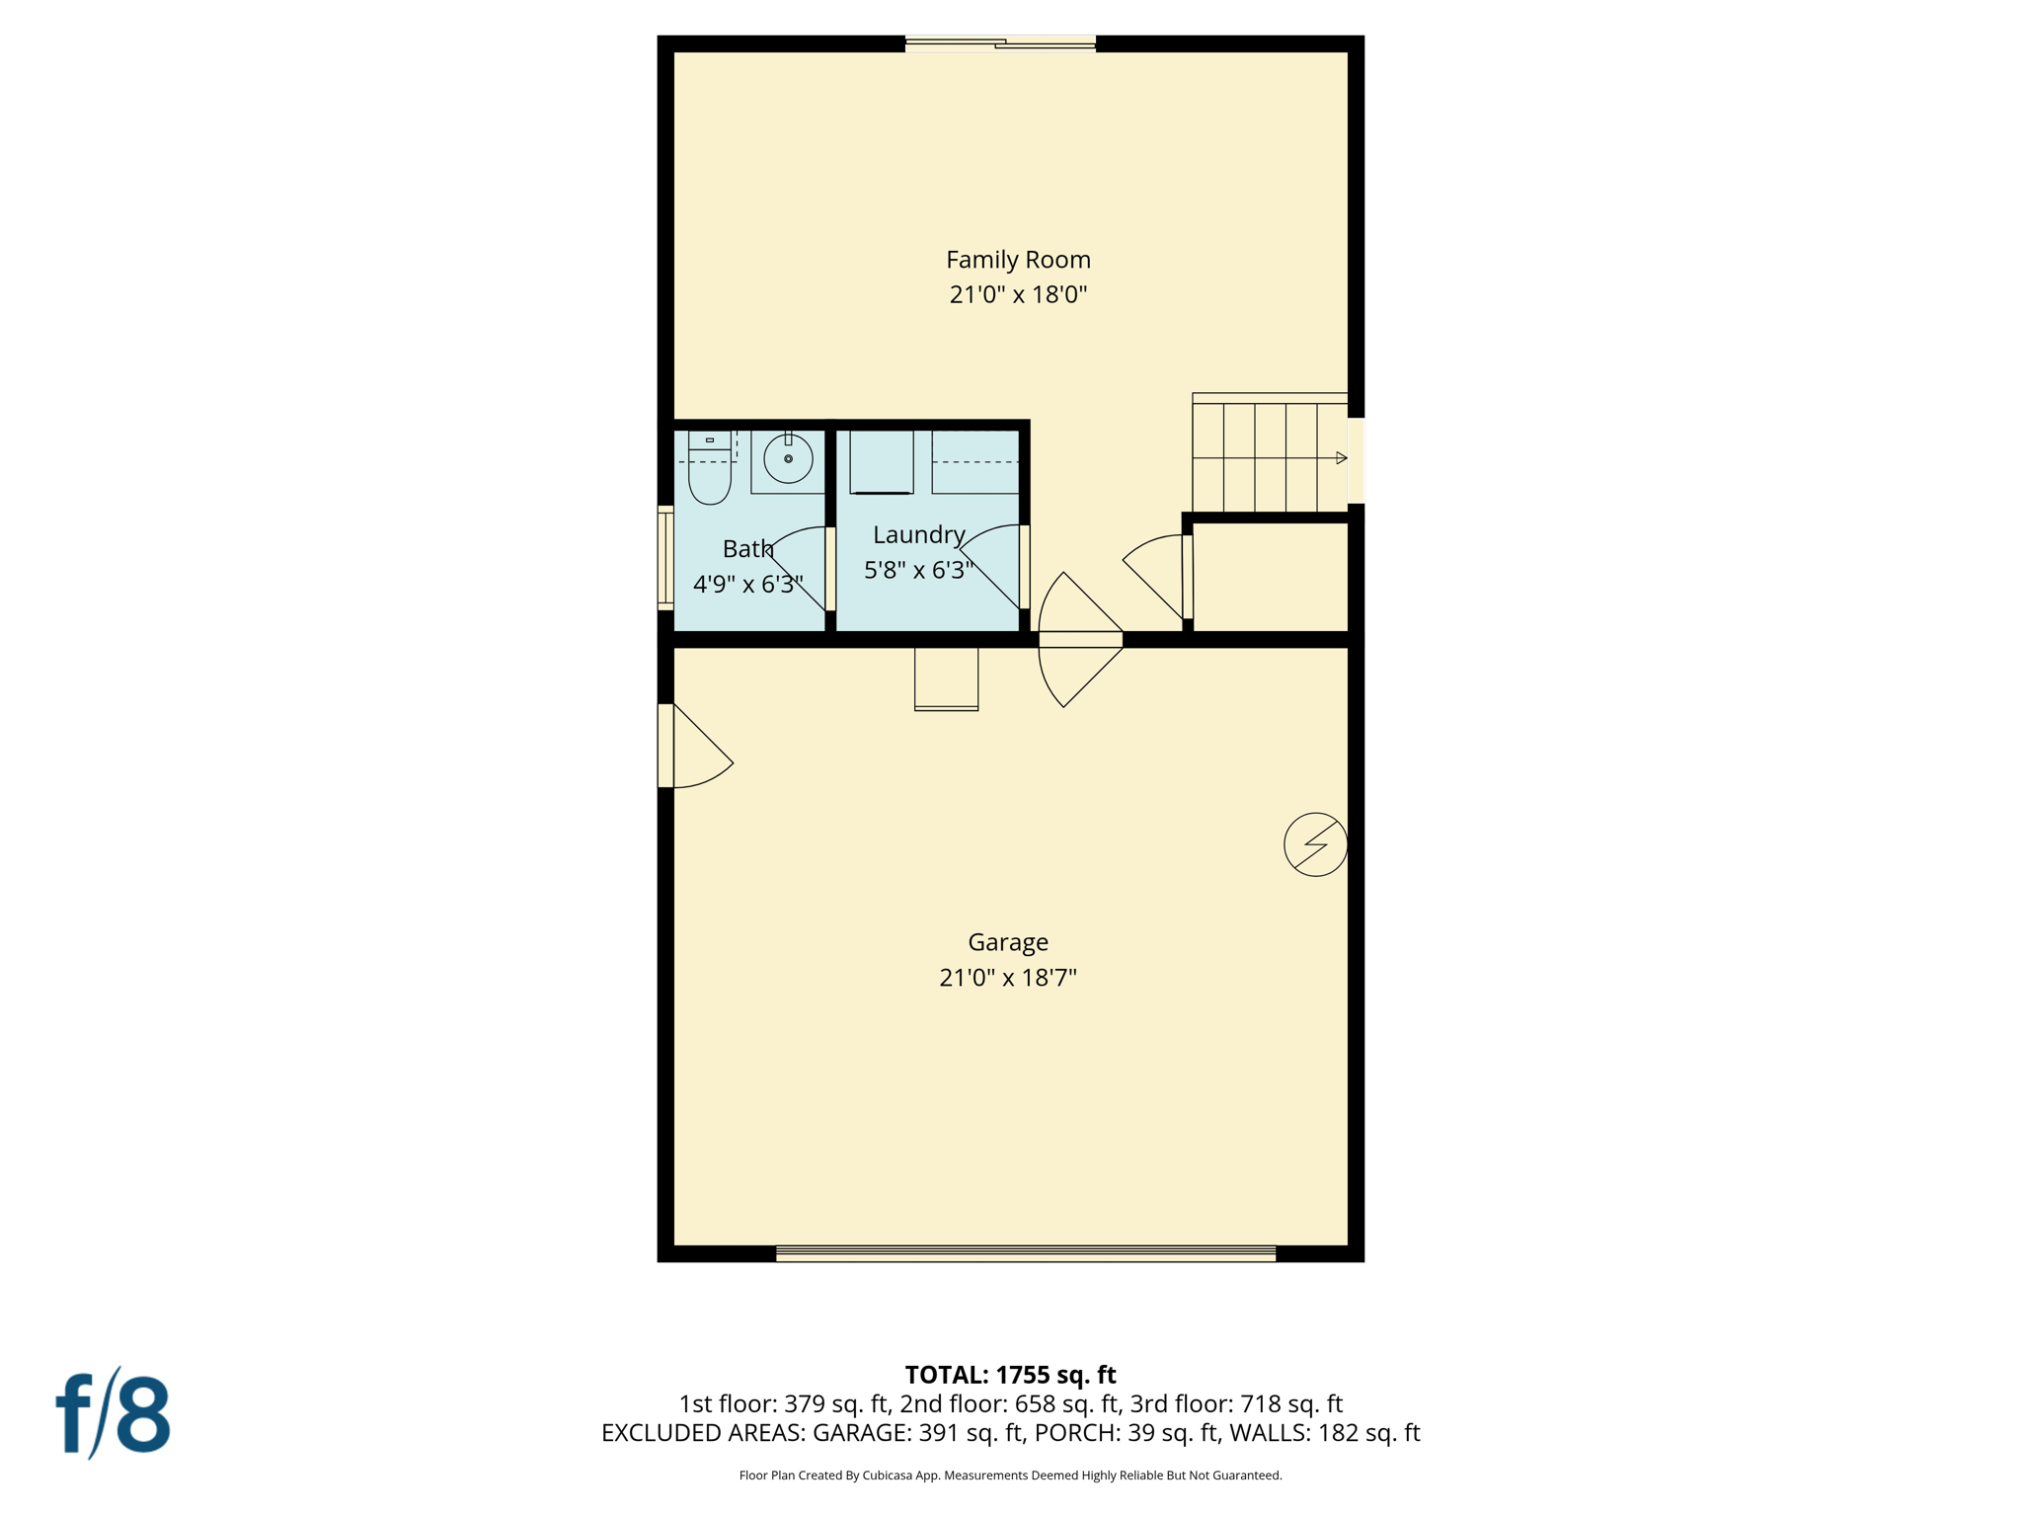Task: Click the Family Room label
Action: click(x=1018, y=260)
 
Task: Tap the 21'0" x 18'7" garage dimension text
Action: click(x=1007, y=978)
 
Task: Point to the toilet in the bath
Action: click(x=709, y=471)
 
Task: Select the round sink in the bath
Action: click(x=788, y=459)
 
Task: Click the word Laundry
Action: click(x=918, y=535)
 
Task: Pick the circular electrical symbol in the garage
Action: click(x=1315, y=844)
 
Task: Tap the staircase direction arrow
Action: click(x=1341, y=458)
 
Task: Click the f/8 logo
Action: click(x=113, y=1413)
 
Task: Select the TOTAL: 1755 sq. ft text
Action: click(x=1010, y=1375)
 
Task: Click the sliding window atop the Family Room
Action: click(x=1000, y=43)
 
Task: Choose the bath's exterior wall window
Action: click(x=666, y=558)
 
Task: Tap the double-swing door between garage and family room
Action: click(x=1080, y=640)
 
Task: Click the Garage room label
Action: click(x=1007, y=942)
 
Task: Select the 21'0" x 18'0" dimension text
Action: click(x=1018, y=294)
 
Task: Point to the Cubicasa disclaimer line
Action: click(x=1010, y=1476)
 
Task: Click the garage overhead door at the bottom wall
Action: click(x=1025, y=1254)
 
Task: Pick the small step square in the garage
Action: click(x=946, y=679)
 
